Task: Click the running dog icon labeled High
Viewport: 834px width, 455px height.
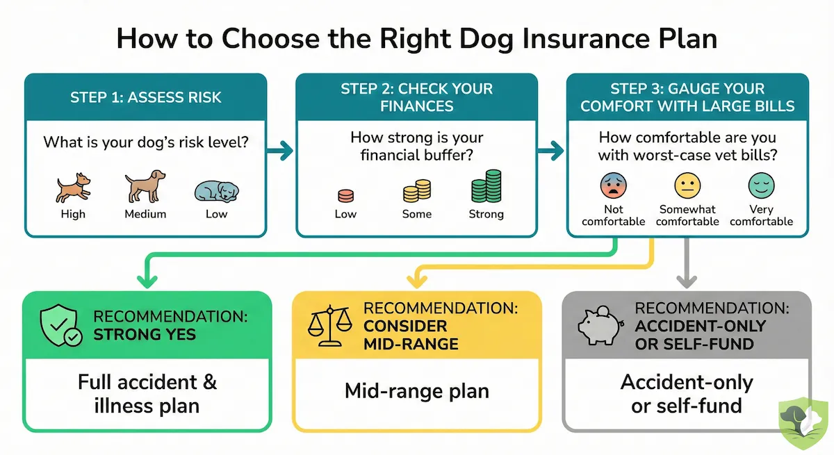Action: click(x=72, y=188)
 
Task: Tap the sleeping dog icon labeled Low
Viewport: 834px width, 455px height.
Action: click(x=215, y=190)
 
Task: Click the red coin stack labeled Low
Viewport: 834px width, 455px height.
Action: click(x=345, y=195)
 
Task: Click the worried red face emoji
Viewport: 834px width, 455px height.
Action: click(x=613, y=185)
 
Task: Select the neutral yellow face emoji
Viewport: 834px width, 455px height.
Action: click(x=687, y=185)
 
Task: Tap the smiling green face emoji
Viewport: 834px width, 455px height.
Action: click(x=761, y=185)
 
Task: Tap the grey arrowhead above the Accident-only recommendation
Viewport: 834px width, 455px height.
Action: click(x=687, y=281)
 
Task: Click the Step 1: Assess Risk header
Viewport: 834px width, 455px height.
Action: click(x=146, y=97)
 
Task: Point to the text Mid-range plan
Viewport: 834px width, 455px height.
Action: click(x=417, y=391)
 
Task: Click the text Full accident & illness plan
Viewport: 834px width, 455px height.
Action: click(x=147, y=393)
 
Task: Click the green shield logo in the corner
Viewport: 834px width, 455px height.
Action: click(x=803, y=423)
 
